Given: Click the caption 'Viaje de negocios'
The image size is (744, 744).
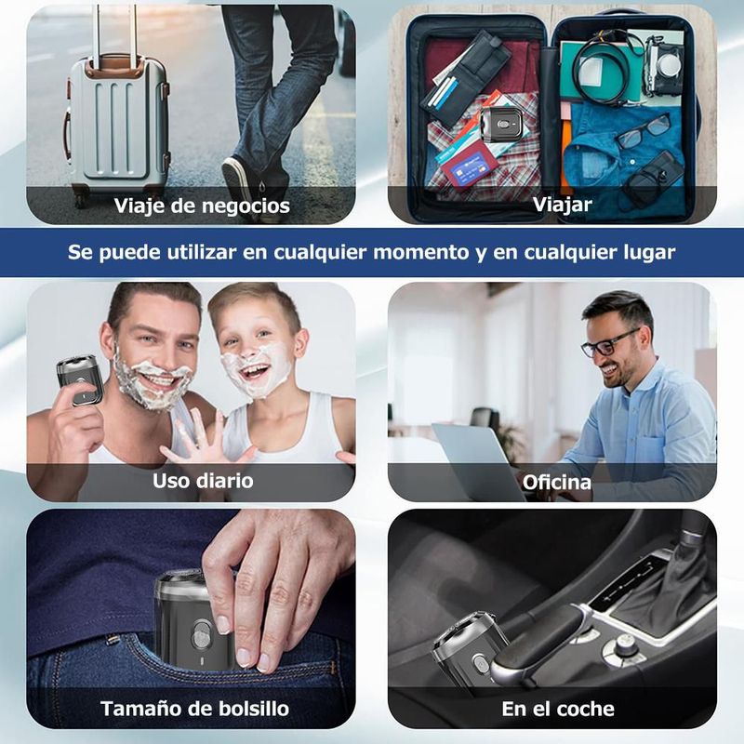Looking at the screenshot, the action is [202, 206].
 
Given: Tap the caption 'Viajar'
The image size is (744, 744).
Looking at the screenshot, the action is [563, 205].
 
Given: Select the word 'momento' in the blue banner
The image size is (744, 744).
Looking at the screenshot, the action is [421, 252].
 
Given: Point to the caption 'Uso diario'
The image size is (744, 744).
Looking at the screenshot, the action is [203, 481].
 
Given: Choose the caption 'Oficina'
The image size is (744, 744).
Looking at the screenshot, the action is [556, 483].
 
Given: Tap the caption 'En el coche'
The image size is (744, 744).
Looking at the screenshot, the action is [557, 710].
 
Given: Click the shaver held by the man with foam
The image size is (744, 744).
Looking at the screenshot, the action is [79, 379].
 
